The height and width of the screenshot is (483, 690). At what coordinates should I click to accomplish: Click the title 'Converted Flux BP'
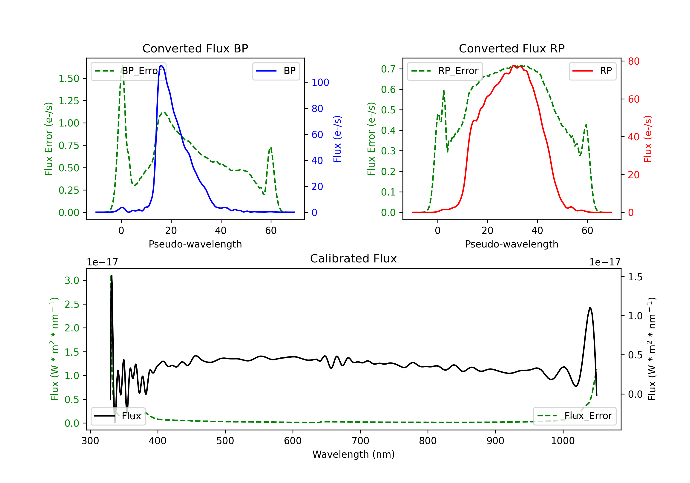(195, 48)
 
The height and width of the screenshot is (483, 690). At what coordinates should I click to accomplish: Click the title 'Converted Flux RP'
(512, 48)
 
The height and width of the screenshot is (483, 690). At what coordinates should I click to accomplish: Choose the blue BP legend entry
(276, 71)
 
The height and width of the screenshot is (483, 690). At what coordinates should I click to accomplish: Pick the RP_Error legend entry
(445, 71)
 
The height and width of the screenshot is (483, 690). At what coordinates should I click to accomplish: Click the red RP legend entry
(592, 71)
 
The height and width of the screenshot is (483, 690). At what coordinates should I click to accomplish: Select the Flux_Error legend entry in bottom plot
(574, 416)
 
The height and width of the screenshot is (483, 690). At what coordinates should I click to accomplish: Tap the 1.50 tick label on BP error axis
(69, 78)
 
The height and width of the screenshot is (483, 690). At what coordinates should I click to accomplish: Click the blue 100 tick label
(320, 82)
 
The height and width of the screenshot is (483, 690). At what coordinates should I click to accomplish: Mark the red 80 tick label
(633, 61)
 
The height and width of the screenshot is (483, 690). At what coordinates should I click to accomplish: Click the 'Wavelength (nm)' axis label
(354, 454)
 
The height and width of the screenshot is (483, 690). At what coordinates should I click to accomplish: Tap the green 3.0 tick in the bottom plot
(72, 280)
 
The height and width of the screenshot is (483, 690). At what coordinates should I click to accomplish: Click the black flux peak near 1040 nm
(590, 308)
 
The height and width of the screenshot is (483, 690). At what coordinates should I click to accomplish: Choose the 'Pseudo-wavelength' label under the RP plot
(512, 244)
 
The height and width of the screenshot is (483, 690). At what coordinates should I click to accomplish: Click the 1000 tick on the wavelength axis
(563, 441)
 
